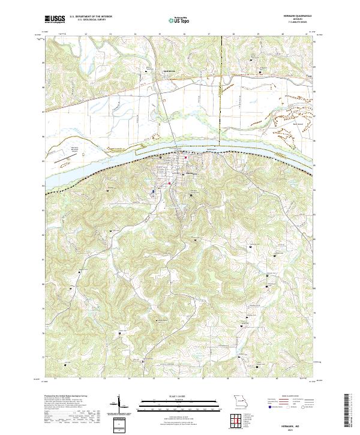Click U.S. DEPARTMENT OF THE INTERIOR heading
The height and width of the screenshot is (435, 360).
click(91, 16)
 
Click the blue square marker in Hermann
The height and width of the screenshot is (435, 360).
click(154, 192)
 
